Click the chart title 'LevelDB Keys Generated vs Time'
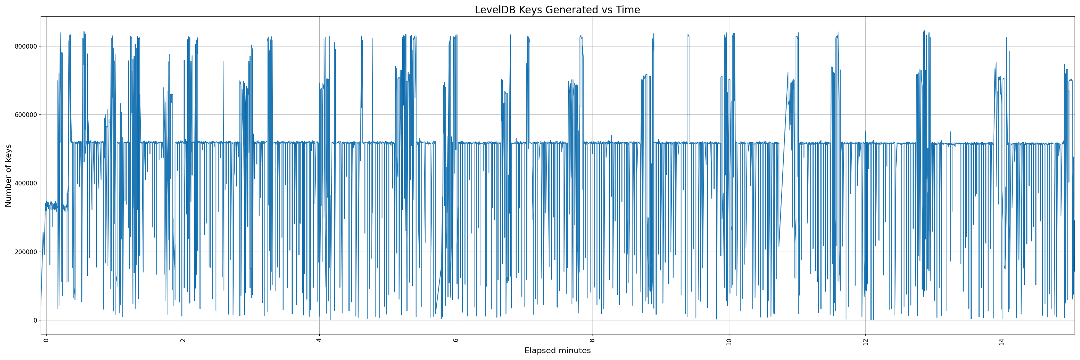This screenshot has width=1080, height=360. coord(557,10)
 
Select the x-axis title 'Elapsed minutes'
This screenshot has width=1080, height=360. coord(557,351)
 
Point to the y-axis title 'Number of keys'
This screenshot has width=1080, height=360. coord(8,175)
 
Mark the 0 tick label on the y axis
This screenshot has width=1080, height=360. coord(35,320)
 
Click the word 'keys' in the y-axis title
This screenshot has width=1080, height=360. coord(8,153)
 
